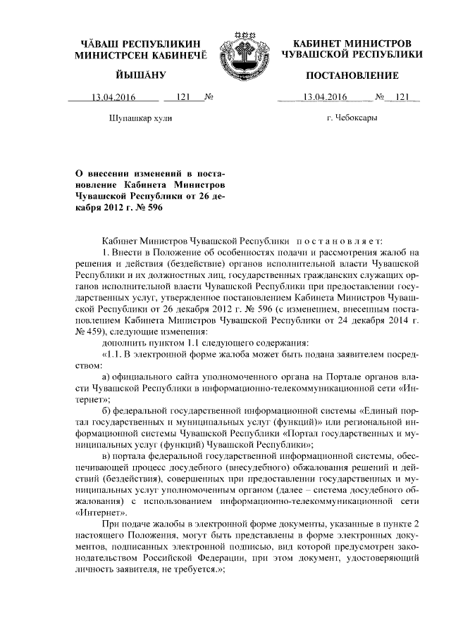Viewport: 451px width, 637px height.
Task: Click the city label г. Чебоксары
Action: point(352,118)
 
